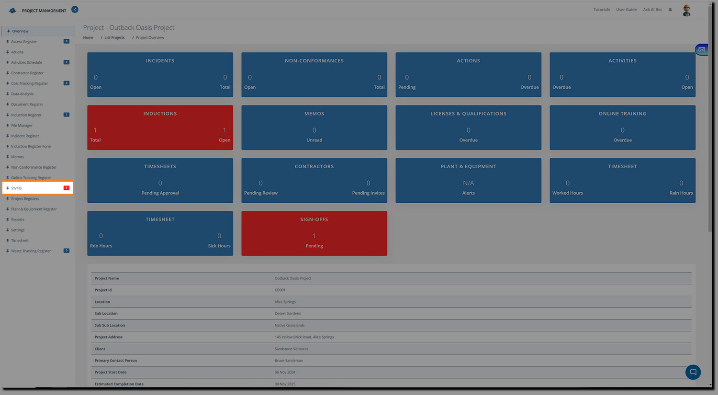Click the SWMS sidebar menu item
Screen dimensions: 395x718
[x=17, y=188]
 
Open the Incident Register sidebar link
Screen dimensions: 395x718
[x=25, y=136]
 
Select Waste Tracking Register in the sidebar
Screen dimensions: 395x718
[x=31, y=251]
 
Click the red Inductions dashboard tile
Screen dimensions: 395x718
[x=160, y=128]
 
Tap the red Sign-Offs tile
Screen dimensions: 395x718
[x=314, y=233]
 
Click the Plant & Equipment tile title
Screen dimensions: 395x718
[x=468, y=166]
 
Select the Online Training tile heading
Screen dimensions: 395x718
[x=622, y=114]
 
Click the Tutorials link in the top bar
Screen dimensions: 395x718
[x=602, y=10]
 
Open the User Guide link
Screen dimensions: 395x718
[x=626, y=10]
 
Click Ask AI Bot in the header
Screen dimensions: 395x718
[x=652, y=10]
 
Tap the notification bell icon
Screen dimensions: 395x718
[x=670, y=10]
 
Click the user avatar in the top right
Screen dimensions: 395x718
[x=686, y=11]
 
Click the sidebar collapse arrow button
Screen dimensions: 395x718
[x=75, y=10]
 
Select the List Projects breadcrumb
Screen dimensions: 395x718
[x=114, y=37]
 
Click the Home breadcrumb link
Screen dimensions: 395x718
[x=88, y=37]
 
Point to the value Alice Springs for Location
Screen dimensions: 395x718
[x=285, y=302]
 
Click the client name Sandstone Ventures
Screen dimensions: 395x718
[x=291, y=349]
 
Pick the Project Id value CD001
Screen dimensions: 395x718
[x=280, y=290]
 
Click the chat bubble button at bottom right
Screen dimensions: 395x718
[x=693, y=372]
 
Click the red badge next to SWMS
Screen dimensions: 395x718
[x=67, y=188]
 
